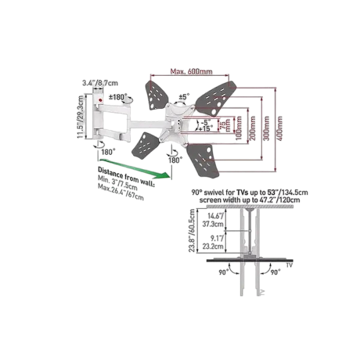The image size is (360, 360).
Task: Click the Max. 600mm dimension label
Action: [191, 71]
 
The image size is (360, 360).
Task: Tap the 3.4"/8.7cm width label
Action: [100, 83]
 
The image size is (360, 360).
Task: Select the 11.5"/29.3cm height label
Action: [80, 117]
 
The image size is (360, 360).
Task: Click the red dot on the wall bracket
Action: [100, 100]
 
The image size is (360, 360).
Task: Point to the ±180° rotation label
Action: [118, 97]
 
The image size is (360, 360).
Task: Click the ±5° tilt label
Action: [184, 97]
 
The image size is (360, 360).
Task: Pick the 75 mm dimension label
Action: [224, 125]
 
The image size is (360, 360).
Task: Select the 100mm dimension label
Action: [239, 128]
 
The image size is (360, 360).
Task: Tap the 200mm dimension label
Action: [253, 128]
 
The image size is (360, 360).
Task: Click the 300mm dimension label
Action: [266, 128]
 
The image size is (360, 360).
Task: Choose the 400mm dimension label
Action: [280, 128]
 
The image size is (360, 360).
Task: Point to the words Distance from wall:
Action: [126, 176]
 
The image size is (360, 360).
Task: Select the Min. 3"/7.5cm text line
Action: [118, 183]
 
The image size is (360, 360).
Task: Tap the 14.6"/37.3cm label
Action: [213, 220]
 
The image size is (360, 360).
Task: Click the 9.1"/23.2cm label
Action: [213, 242]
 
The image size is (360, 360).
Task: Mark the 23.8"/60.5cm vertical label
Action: [192, 230]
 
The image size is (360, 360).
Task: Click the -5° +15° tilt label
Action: [206, 125]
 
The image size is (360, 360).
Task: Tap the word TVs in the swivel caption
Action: [242, 192]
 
